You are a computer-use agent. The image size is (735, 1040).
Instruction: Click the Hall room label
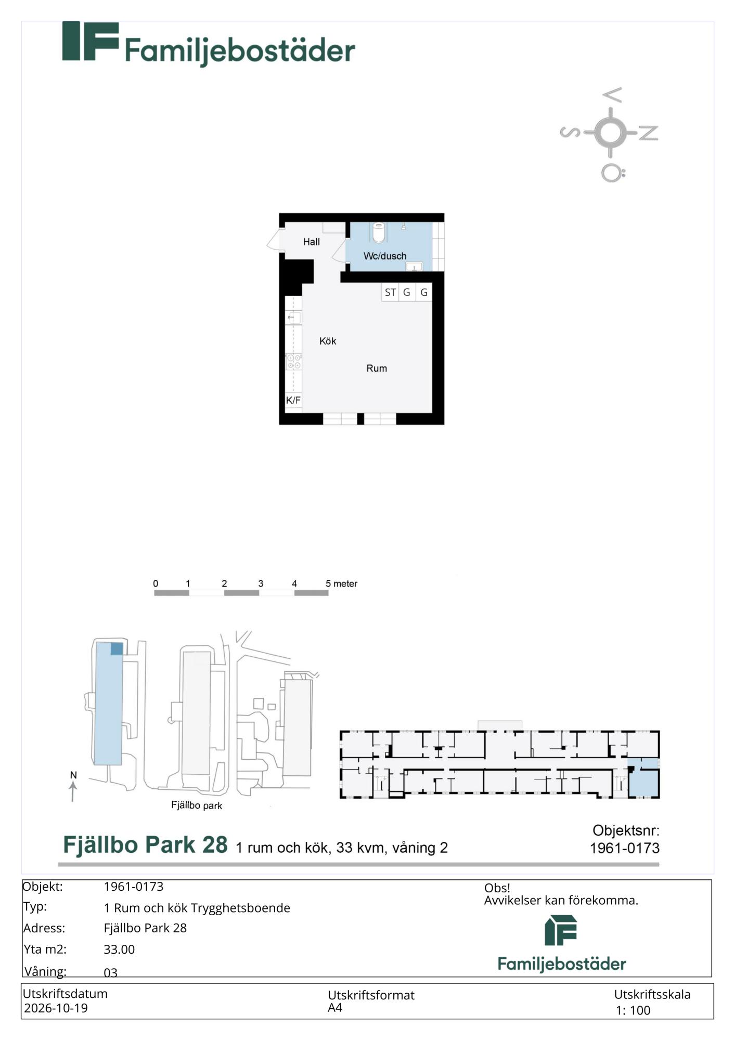click(311, 242)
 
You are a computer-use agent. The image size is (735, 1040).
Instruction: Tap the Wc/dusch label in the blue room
click(385, 256)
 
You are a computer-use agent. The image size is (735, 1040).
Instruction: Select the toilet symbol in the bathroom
click(379, 232)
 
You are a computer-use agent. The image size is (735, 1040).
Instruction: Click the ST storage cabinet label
click(390, 292)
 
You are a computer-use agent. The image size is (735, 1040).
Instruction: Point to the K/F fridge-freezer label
click(293, 400)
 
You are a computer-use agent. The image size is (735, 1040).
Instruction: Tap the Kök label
click(328, 341)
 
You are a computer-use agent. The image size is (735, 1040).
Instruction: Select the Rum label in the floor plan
click(377, 368)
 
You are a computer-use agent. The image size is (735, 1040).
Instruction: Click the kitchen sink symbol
click(294, 317)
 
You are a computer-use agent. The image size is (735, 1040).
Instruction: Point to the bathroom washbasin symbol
click(414, 267)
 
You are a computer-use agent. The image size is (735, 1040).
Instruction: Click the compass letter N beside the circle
click(649, 133)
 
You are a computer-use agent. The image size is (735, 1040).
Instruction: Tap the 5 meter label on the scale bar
click(341, 583)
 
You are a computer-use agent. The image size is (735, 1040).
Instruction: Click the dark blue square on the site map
click(117, 648)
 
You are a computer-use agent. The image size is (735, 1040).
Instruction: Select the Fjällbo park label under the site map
click(197, 805)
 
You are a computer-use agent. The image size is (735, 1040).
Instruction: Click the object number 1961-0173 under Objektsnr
click(624, 848)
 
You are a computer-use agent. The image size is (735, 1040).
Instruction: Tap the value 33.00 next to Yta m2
click(119, 949)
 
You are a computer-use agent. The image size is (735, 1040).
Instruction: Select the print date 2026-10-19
click(56, 1008)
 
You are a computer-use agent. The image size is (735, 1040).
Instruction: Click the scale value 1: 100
click(633, 1010)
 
